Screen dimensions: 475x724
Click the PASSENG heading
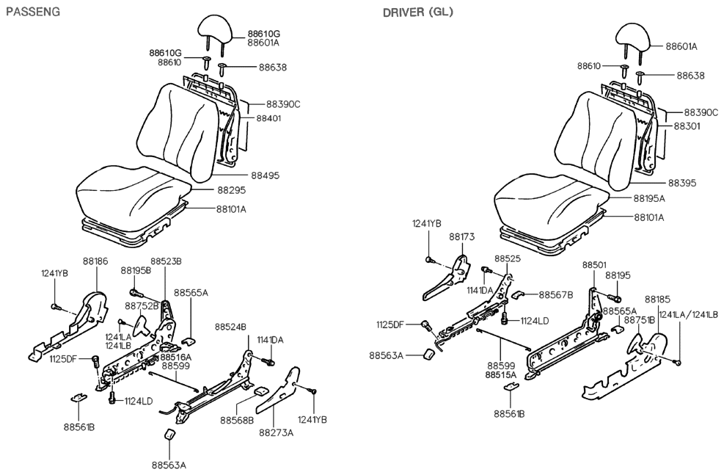point(33,12)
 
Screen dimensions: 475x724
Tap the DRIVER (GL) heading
point(417,12)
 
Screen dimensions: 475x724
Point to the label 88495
point(268,176)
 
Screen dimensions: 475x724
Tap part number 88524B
point(230,326)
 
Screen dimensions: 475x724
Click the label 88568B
point(236,420)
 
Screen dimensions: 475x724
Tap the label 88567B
point(557,294)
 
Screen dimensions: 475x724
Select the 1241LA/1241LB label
point(689,314)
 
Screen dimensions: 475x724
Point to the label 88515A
point(500,374)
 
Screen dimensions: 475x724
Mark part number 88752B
point(142,305)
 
